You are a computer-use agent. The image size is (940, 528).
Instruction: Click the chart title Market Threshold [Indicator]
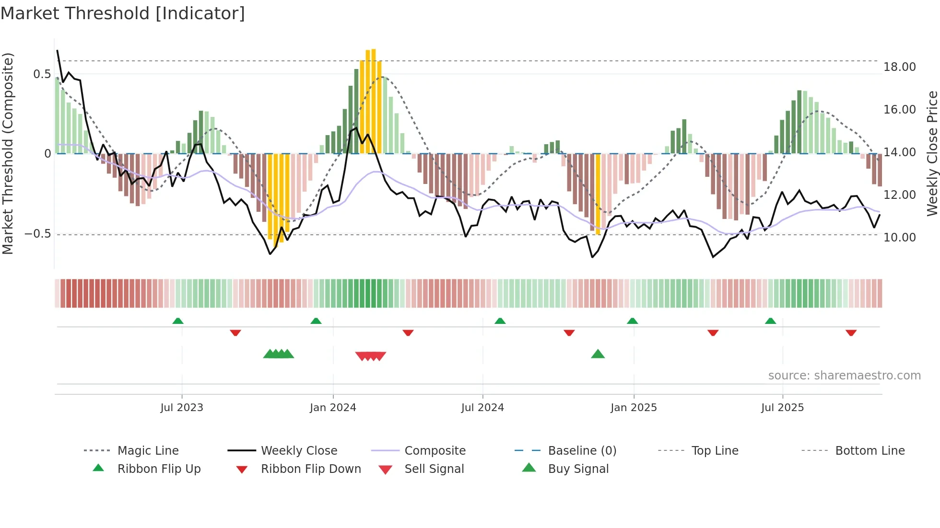(123, 13)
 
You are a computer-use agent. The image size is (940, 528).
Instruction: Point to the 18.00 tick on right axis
(899, 67)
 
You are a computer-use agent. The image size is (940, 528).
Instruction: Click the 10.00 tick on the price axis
(899, 238)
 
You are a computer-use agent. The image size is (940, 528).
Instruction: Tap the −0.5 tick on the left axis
(37, 234)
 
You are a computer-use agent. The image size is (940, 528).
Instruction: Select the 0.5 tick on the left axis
(42, 74)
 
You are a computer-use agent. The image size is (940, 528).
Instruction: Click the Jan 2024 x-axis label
(333, 408)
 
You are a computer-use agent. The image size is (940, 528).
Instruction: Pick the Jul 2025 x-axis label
(782, 408)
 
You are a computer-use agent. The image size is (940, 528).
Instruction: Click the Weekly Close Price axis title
(932, 153)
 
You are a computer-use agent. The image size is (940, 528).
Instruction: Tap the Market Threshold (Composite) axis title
(8, 153)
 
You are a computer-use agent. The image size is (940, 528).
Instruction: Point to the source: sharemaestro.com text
(844, 376)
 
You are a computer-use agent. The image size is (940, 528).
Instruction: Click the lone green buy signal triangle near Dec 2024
(598, 355)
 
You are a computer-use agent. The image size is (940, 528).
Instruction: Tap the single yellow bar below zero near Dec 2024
(598, 194)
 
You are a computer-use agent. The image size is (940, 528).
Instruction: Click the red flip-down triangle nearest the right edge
(851, 333)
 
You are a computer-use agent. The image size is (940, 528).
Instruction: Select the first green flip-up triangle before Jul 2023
(178, 321)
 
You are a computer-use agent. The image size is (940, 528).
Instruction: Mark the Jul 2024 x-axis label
(482, 408)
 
